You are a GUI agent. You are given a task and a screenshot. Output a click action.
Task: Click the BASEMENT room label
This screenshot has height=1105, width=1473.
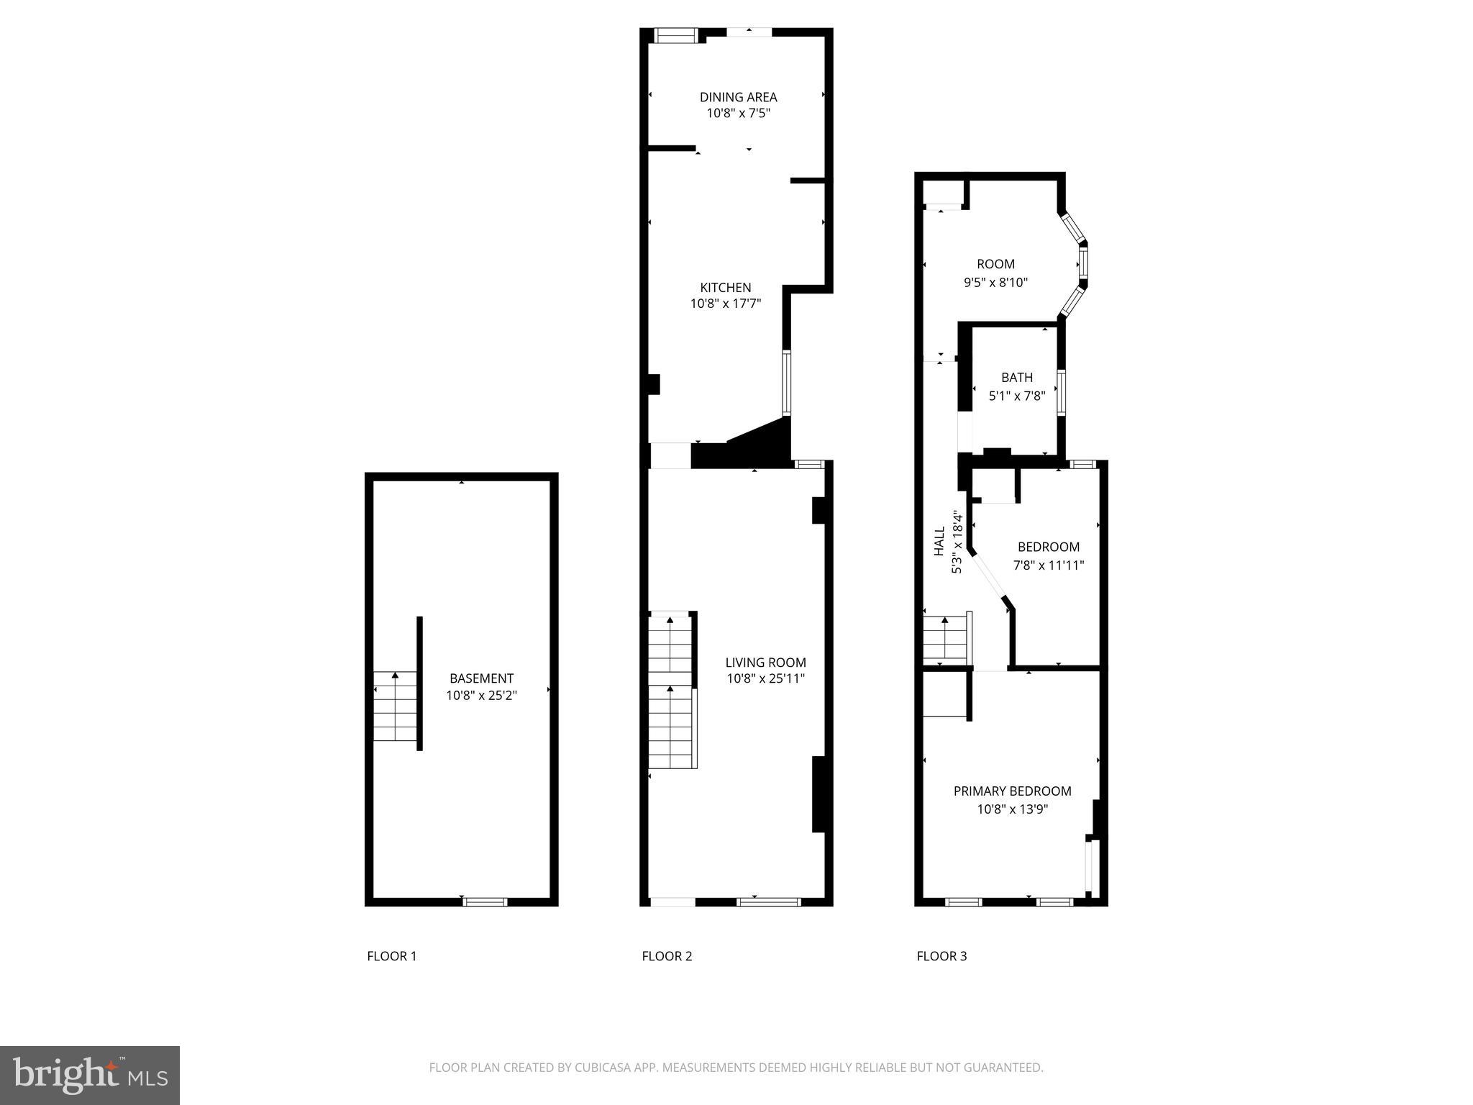[x=481, y=678]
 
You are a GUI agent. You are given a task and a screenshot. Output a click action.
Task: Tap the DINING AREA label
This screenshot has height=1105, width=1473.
[x=738, y=97]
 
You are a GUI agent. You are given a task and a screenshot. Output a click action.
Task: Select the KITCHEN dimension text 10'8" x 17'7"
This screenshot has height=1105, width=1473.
[x=725, y=304]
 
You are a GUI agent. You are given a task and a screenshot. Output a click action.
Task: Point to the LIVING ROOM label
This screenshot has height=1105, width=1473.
[x=765, y=663]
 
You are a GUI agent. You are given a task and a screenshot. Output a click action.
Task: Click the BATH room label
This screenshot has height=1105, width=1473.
[x=1016, y=378]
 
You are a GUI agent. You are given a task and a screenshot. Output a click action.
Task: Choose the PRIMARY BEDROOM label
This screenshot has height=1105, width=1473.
[x=1012, y=791]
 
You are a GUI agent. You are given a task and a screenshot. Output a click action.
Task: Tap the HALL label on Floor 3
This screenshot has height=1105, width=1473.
[x=939, y=541]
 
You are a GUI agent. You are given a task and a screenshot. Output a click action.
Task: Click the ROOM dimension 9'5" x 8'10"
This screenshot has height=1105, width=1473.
[x=995, y=283]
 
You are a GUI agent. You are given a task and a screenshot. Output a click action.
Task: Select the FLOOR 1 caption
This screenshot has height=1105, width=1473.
[x=391, y=956]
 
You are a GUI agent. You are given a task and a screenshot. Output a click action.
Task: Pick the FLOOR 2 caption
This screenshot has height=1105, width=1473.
[x=667, y=956]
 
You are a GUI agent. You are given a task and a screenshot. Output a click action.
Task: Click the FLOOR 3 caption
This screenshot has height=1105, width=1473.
[x=941, y=956]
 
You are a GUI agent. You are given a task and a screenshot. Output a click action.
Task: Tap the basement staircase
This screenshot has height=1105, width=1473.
[x=395, y=706]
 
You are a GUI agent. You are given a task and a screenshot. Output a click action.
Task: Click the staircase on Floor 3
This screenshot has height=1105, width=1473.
[x=945, y=640]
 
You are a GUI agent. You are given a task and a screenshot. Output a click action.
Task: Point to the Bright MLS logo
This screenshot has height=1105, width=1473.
[x=90, y=1075]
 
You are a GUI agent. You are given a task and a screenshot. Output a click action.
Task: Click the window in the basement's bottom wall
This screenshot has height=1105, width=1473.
[x=485, y=901]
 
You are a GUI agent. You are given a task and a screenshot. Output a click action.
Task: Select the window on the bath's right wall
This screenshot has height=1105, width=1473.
[x=1060, y=393]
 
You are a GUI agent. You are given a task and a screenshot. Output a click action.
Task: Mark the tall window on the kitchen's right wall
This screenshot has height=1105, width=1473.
[x=786, y=383]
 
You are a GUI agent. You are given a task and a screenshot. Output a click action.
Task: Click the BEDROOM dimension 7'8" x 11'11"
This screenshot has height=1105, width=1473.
[x=1049, y=565]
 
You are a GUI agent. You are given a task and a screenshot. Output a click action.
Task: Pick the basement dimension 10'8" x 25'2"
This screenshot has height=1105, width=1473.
[x=481, y=696]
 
